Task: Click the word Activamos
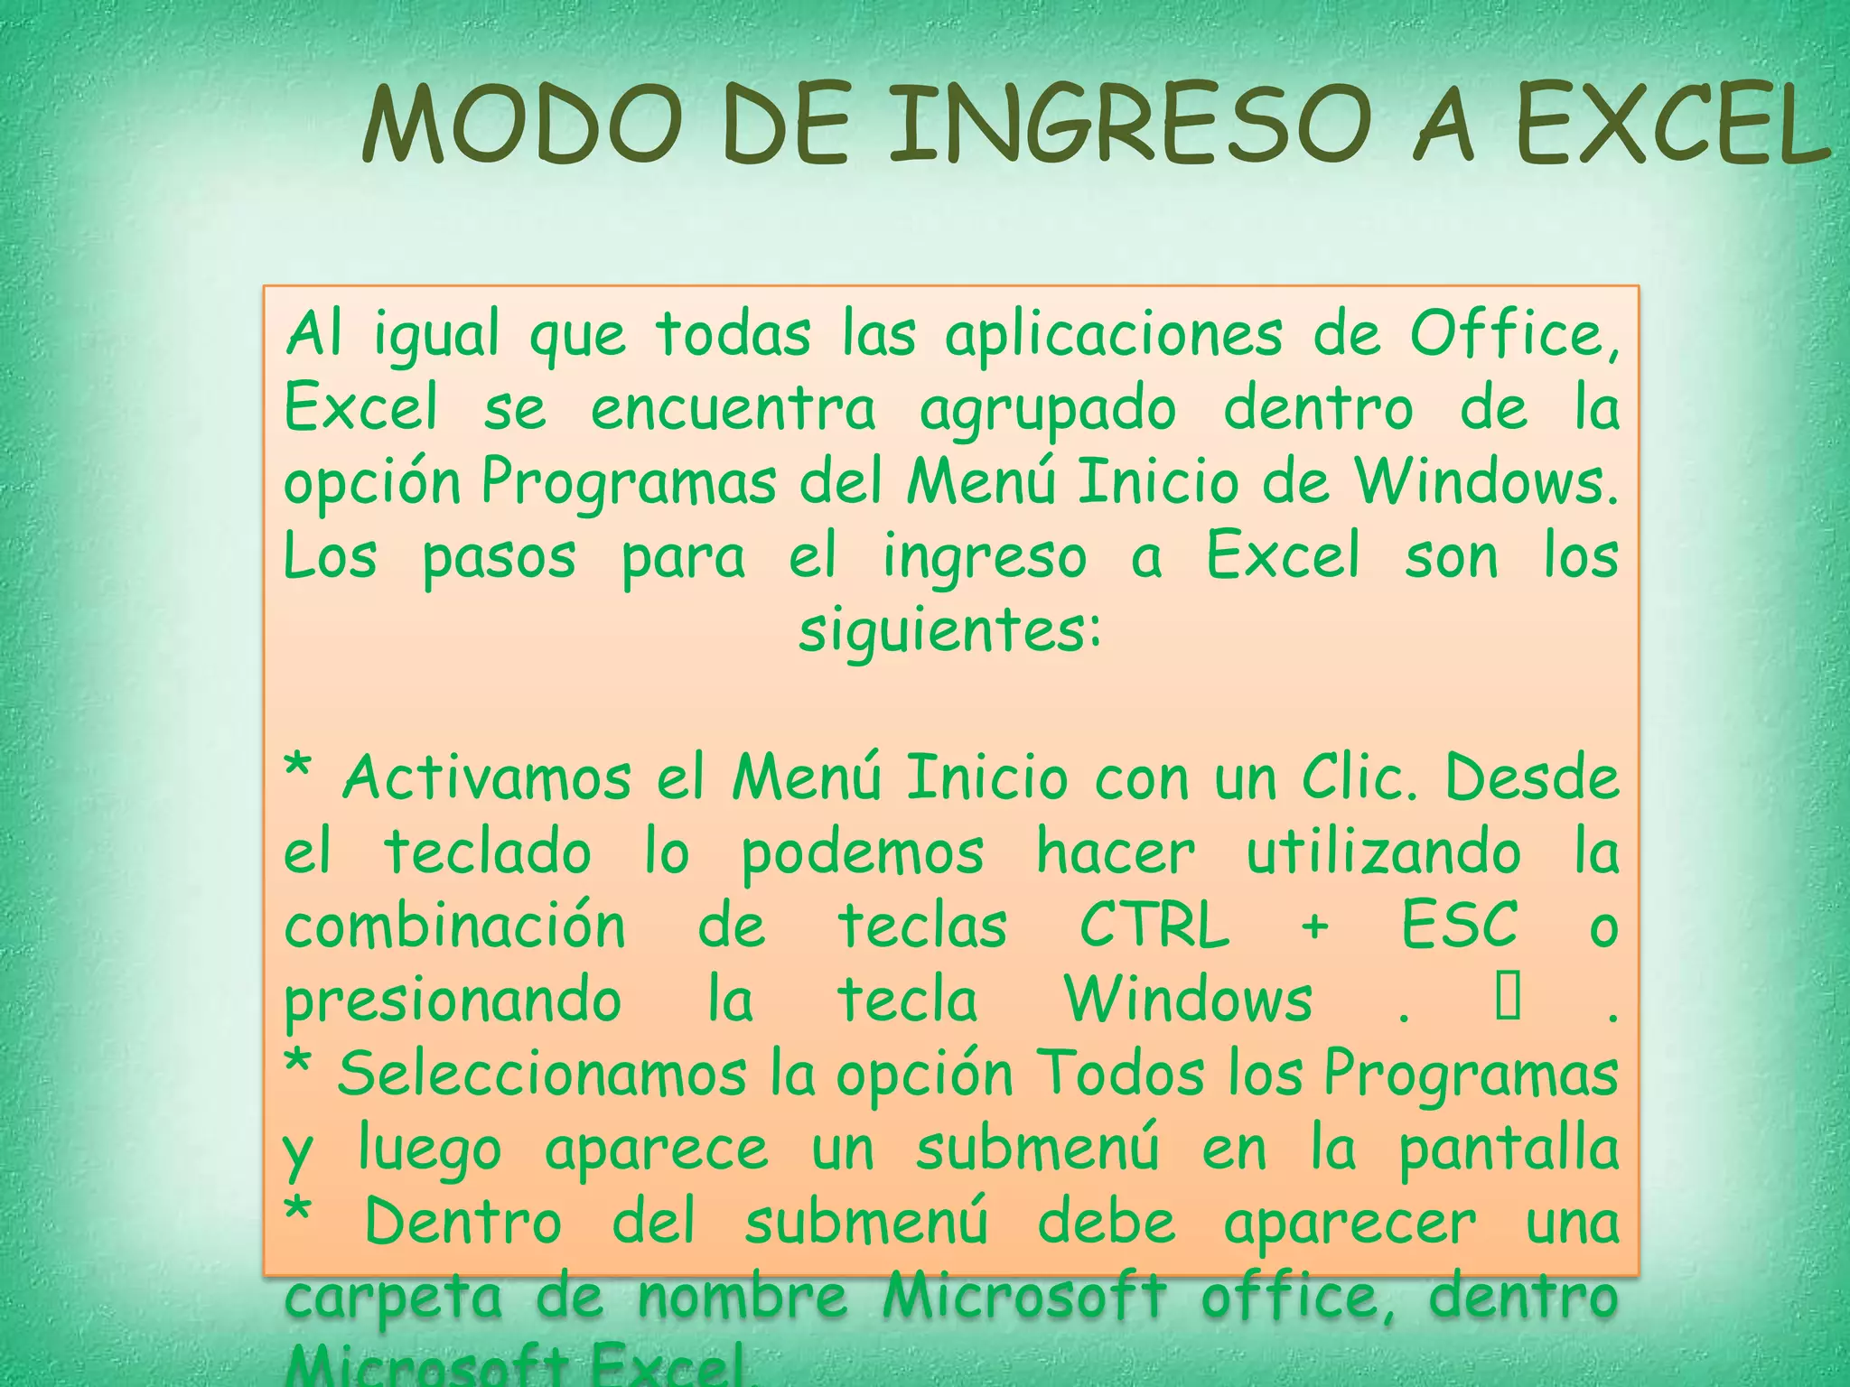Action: click(487, 778)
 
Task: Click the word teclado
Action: click(488, 852)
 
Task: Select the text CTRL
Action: click(1154, 926)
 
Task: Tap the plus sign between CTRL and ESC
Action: click(1315, 927)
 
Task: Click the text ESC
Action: click(1460, 926)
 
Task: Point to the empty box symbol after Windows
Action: click(1508, 998)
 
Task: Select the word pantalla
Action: click(1509, 1150)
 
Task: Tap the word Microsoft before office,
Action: click(1023, 1296)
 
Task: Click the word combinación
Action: click(454, 926)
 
